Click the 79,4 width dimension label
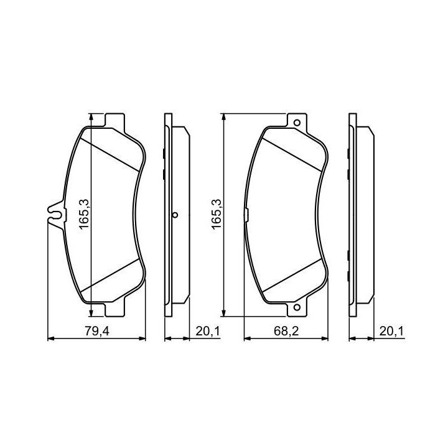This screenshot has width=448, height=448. [97, 332]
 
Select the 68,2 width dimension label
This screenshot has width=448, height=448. [286, 332]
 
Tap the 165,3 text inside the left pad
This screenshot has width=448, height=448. [85, 215]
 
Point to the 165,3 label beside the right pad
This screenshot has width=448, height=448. [217, 213]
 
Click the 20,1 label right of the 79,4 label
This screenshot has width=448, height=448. [208, 332]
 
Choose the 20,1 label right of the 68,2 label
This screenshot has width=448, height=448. [391, 332]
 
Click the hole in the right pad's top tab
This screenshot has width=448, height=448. [297, 123]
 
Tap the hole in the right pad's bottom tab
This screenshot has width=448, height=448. [297, 307]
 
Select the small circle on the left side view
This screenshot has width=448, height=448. [175, 215]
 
